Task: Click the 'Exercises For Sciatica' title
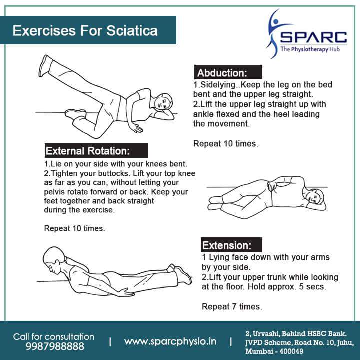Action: tap(85, 31)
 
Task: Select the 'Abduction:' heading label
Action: tap(222, 72)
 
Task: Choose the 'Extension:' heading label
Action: tap(225, 245)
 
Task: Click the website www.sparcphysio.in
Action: tap(170, 342)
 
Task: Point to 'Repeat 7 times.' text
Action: tap(232, 306)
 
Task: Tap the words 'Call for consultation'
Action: tap(54, 336)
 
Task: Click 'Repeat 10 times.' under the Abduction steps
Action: tap(225, 144)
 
